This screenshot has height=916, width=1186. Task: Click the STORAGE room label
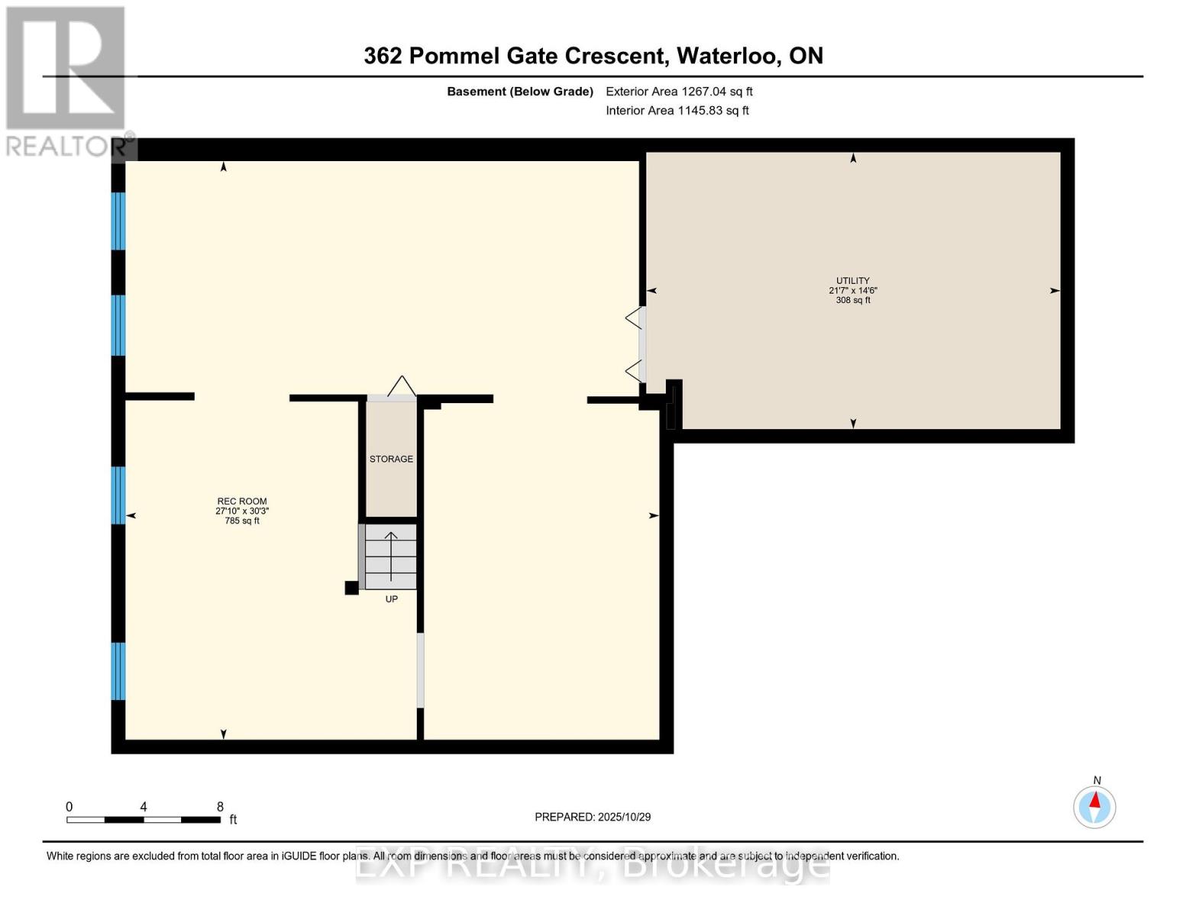coord(391,459)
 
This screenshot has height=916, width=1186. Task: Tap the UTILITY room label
coord(852,281)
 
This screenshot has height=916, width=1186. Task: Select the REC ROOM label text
coord(242,502)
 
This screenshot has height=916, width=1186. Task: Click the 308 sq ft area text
coord(852,300)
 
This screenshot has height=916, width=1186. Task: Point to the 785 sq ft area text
coord(242,521)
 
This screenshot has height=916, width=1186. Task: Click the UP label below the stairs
coord(391,599)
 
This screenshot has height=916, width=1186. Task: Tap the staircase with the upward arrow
coord(391,556)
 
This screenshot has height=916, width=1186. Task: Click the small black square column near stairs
coord(351,588)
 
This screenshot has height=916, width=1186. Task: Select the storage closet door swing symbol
coord(401,386)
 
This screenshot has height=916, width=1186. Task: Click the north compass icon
coord(1094,806)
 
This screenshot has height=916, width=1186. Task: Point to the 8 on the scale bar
coord(220,807)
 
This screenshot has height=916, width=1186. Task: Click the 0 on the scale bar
coord(69,807)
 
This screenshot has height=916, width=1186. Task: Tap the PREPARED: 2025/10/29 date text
coord(593,817)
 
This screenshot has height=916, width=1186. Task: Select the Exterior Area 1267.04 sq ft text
coord(679,92)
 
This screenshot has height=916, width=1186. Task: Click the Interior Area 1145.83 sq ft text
coord(677,111)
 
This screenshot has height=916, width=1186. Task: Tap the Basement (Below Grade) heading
coord(520,92)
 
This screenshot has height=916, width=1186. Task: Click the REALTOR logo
coord(66,80)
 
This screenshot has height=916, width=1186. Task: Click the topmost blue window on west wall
coord(118,221)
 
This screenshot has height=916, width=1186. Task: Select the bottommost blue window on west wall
coord(118,671)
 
